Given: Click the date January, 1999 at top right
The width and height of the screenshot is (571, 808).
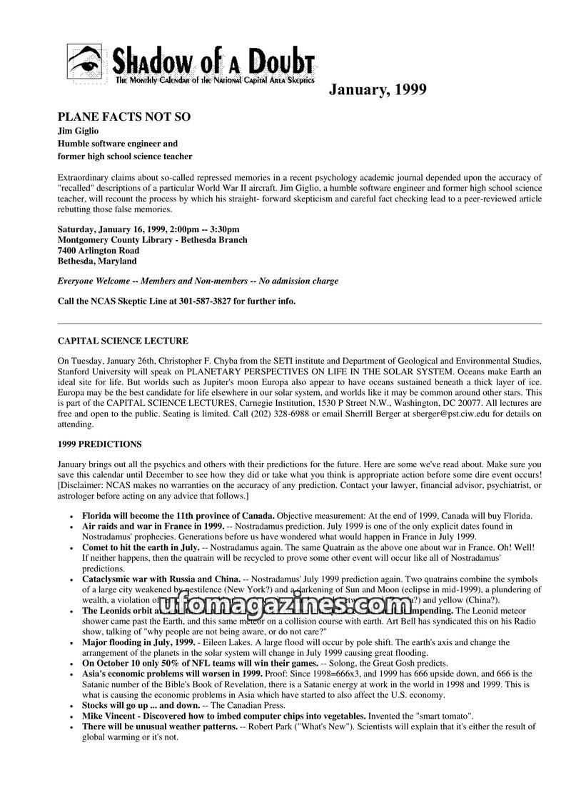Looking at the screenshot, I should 378,89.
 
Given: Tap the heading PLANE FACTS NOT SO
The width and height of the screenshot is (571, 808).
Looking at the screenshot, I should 124,117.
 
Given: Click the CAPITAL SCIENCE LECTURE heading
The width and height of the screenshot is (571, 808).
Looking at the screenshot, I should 123,341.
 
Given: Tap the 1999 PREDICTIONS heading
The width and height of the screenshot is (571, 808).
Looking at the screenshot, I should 100,444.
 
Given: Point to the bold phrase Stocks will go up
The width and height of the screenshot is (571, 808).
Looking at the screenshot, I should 117,705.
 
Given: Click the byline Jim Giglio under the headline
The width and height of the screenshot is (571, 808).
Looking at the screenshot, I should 78,131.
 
